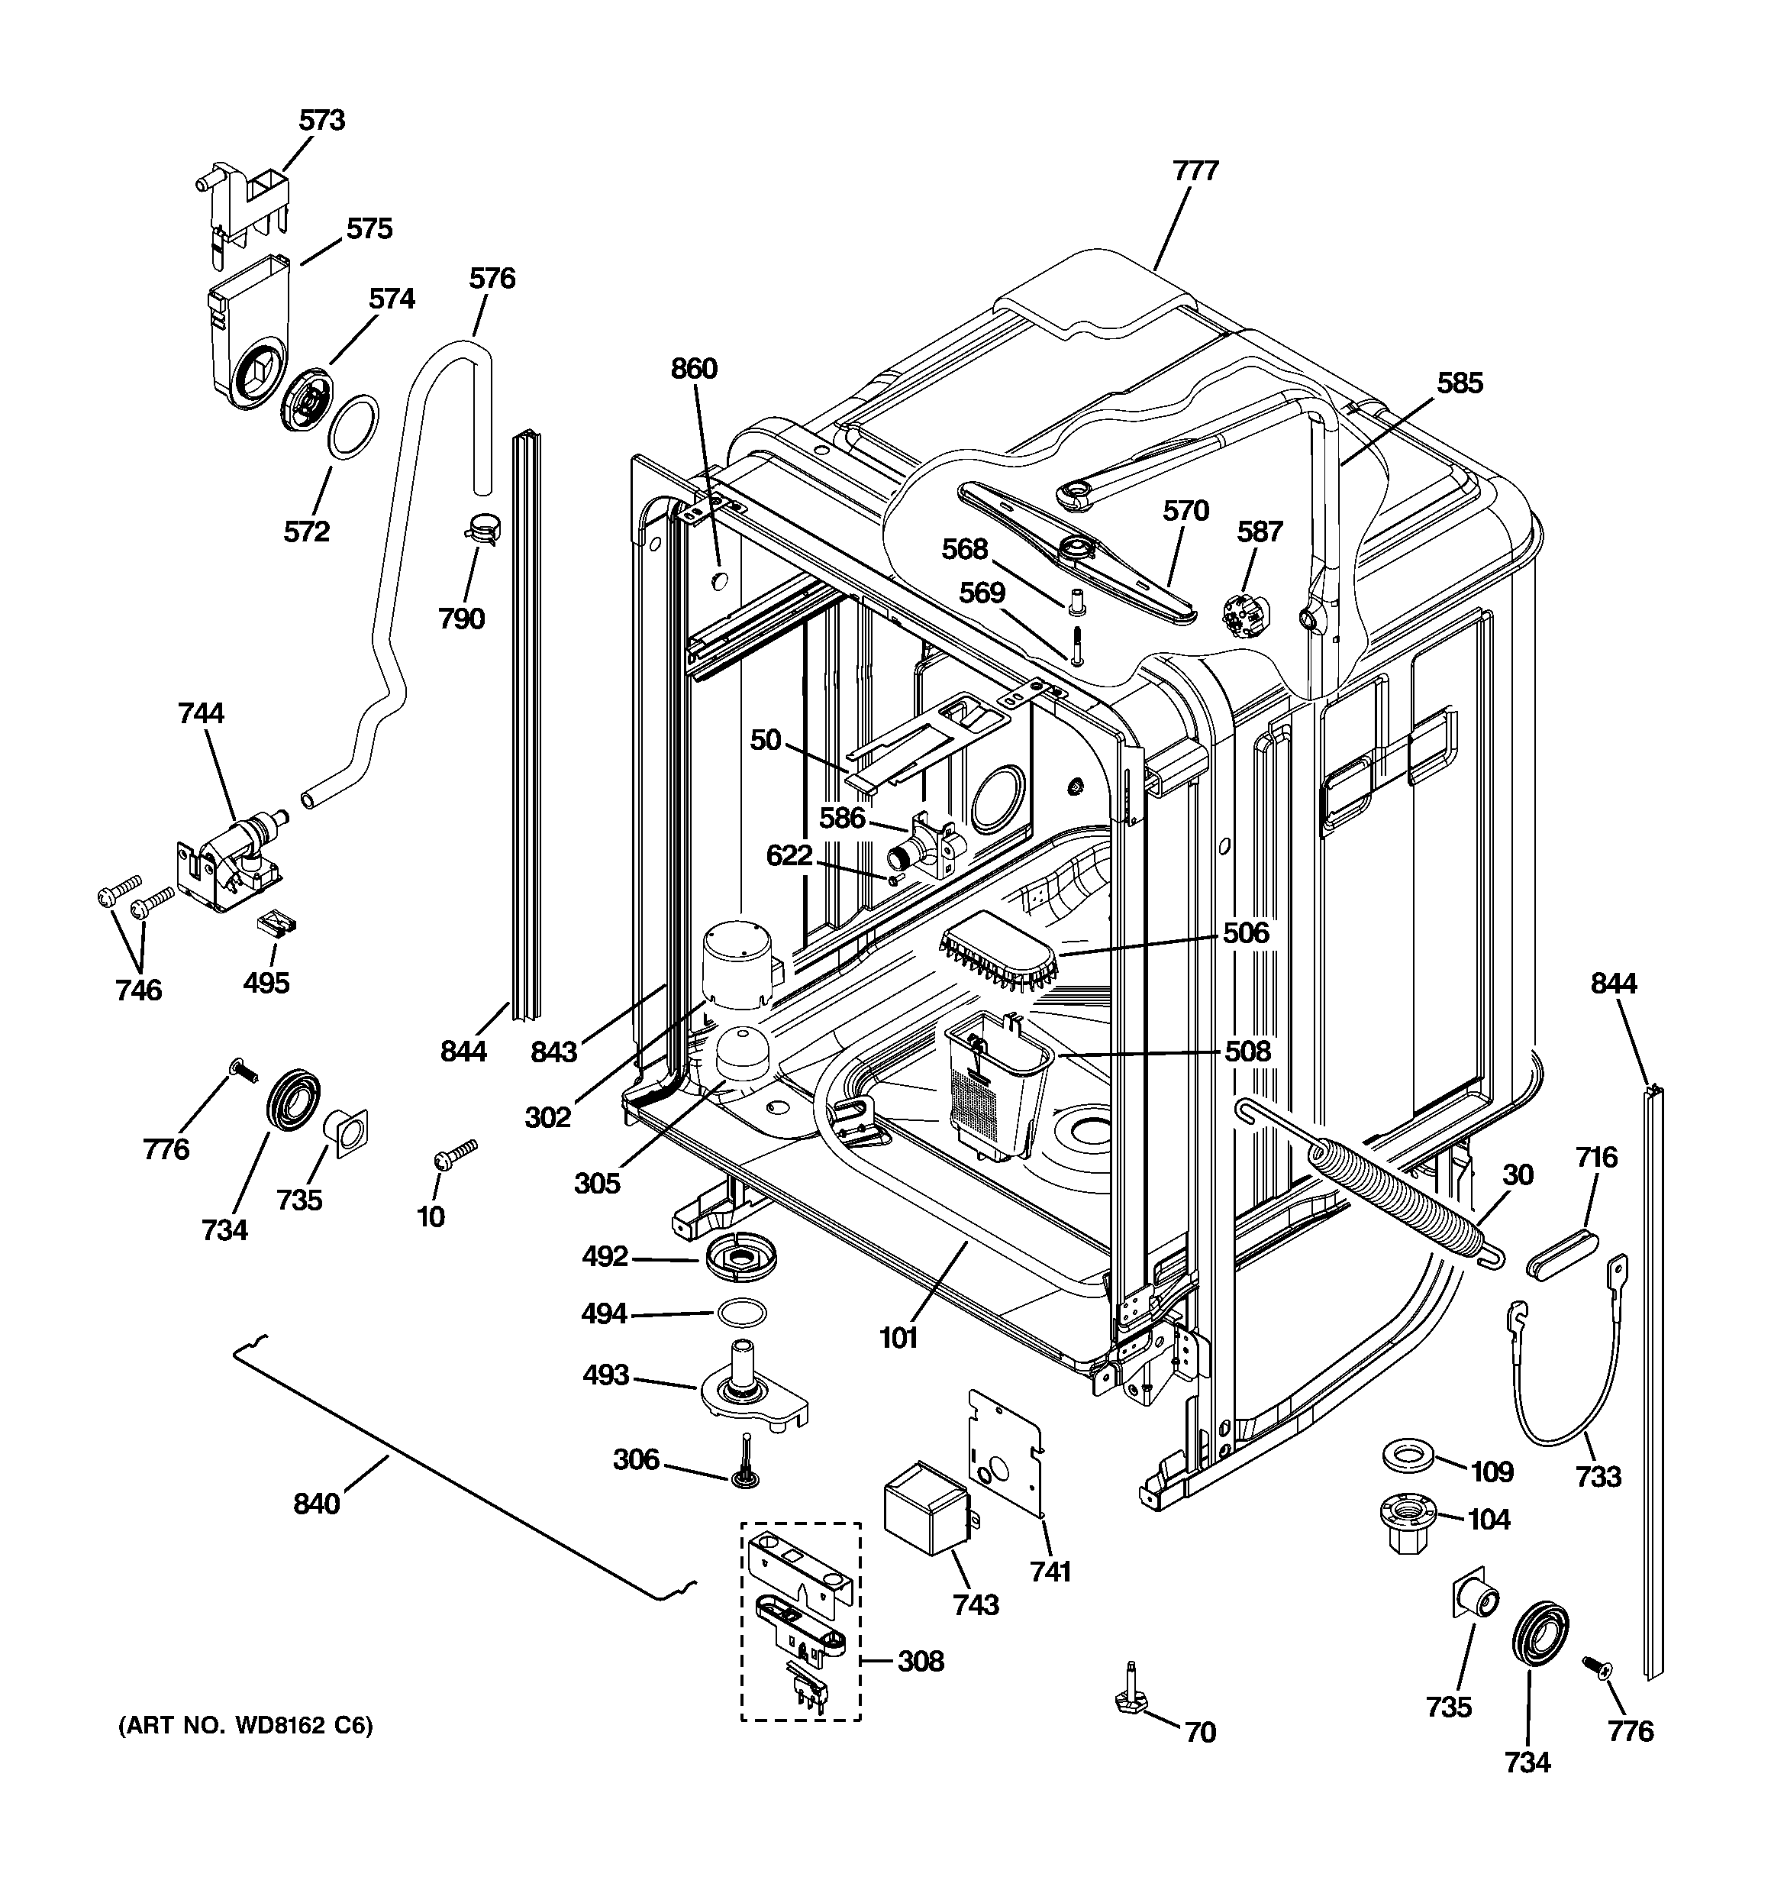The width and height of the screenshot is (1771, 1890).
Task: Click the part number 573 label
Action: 321,120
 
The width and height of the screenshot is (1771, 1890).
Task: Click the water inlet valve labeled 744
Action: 231,855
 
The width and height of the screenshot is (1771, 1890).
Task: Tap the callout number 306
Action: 635,1459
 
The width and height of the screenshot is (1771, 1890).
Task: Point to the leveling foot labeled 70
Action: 1129,1699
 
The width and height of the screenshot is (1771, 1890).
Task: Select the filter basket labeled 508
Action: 996,1087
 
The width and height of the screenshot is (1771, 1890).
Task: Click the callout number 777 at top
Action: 1195,170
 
